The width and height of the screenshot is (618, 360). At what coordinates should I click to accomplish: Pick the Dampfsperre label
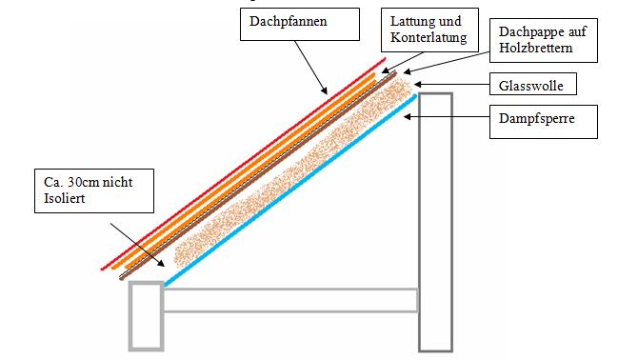pos(534,120)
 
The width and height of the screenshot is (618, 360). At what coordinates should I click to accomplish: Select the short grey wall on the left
pos(146,314)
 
